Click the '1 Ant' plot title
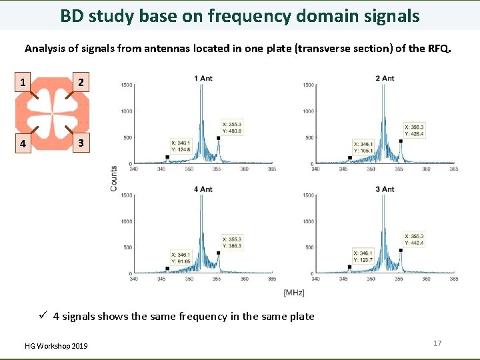[x=203, y=79]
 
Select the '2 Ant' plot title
[x=385, y=79]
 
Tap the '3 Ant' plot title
[x=385, y=189]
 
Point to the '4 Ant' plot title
[x=203, y=189]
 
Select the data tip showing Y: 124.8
[x=181, y=146]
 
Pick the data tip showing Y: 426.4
[x=415, y=130]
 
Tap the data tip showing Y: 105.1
[x=363, y=147]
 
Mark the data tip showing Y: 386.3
[x=233, y=242]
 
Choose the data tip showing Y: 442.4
[x=415, y=239]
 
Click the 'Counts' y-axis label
[x=114, y=179]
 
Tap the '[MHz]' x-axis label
[x=294, y=293]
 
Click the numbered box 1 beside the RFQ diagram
[x=23, y=83]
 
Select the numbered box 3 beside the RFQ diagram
[x=80, y=143]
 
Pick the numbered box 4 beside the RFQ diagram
[x=23, y=143]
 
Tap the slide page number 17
[x=437, y=343]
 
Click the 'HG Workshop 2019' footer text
[x=56, y=346]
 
